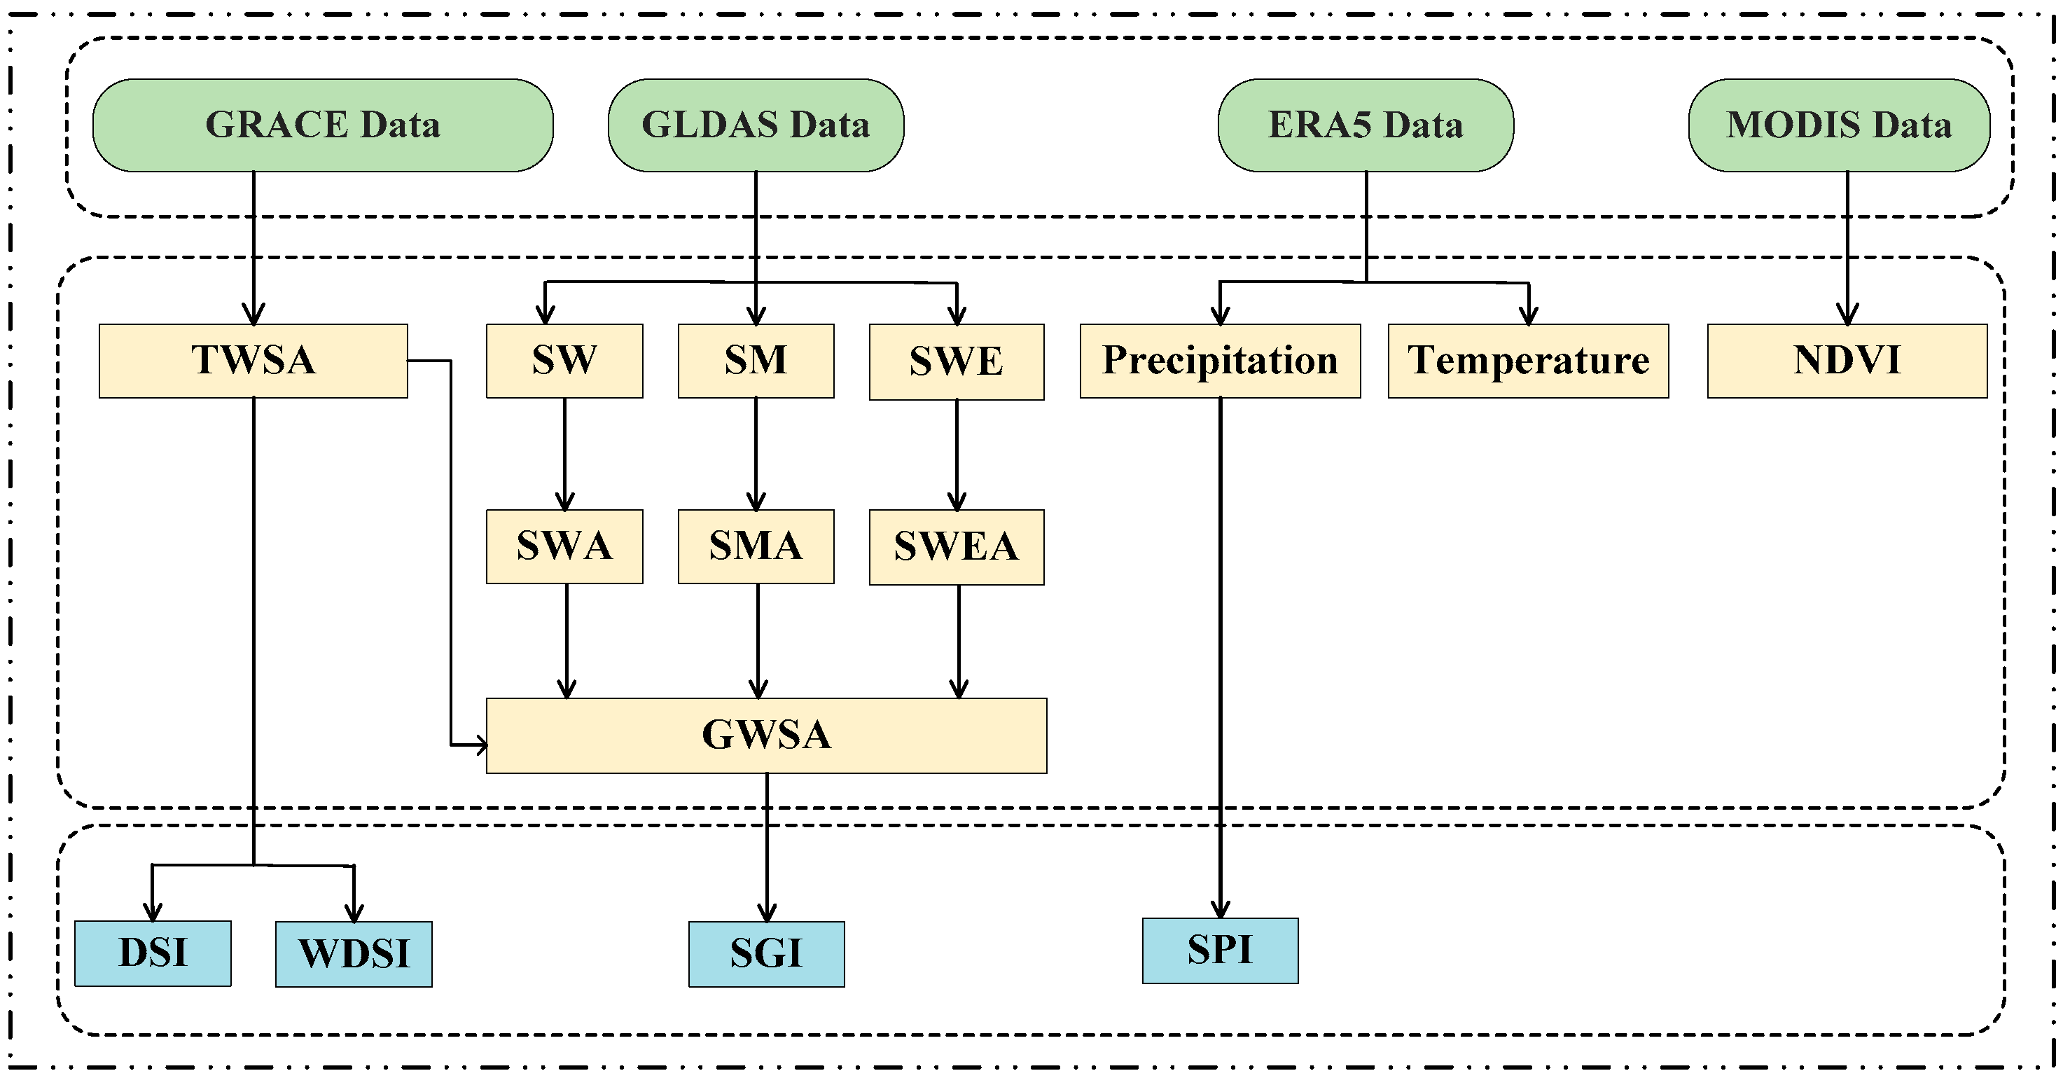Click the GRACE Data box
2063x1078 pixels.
pyautogui.click(x=323, y=125)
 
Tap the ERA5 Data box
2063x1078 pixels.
pyautogui.click(x=1366, y=125)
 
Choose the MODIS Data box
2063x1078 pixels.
pyautogui.click(x=1839, y=125)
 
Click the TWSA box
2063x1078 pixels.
pyautogui.click(x=253, y=361)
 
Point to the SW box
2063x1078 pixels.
pyautogui.click(x=564, y=361)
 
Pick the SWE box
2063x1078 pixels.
pyautogui.click(x=956, y=362)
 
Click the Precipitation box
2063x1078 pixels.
pyautogui.click(x=1220, y=361)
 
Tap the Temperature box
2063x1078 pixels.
pyautogui.click(x=1528, y=361)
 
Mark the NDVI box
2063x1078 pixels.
pyautogui.click(x=1847, y=361)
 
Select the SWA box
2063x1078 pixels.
pyautogui.click(x=564, y=546)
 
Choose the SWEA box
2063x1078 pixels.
pyautogui.click(x=956, y=547)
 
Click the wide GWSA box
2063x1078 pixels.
pyautogui.click(x=766, y=735)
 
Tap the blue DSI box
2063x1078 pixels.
pyautogui.click(x=153, y=953)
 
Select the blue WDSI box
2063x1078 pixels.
pyautogui.click(x=353, y=954)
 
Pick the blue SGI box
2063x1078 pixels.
pyautogui.click(x=766, y=954)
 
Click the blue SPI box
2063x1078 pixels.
pyautogui.click(x=1220, y=951)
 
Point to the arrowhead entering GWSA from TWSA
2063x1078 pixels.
pyautogui.click(x=480, y=745)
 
